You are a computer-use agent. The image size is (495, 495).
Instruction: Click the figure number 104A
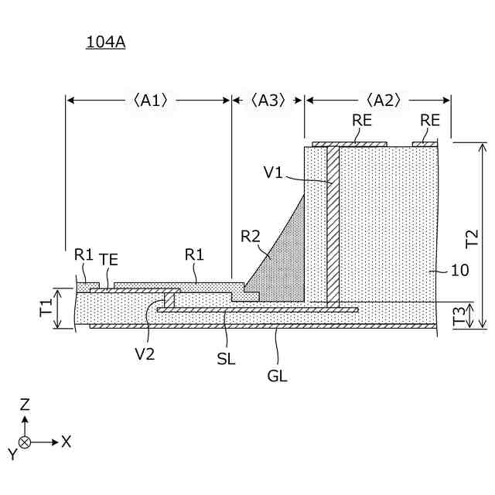[x=105, y=43]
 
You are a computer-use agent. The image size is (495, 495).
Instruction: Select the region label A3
[x=268, y=100]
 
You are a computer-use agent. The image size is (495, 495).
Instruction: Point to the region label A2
[x=382, y=100]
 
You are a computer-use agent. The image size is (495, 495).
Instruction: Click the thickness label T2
[x=473, y=236]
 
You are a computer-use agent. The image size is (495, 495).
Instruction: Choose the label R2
[x=250, y=237]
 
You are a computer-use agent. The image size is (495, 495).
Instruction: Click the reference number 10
[x=459, y=271]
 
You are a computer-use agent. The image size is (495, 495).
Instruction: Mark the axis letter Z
[x=25, y=404]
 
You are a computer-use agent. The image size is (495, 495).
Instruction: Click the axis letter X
[x=67, y=442]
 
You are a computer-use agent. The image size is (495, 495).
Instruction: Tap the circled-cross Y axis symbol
[x=25, y=442]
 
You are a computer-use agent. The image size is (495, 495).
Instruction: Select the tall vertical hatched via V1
[x=333, y=224]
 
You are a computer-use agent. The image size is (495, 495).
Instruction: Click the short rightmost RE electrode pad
[x=425, y=143]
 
